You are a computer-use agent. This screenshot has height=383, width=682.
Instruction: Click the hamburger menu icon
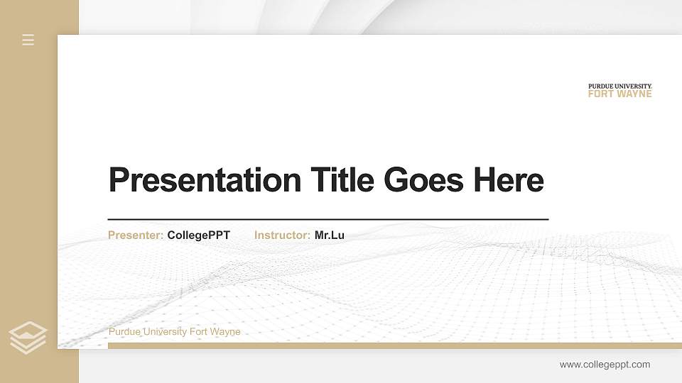click(x=28, y=40)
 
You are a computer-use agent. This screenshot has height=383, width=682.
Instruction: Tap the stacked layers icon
click(x=28, y=337)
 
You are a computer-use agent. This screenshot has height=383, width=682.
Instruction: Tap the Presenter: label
click(x=136, y=235)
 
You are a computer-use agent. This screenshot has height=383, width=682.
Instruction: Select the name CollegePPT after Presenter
click(x=199, y=235)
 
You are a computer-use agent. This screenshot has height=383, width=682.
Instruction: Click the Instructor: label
click(x=282, y=235)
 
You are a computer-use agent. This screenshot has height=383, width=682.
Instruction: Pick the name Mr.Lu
click(x=330, y=235)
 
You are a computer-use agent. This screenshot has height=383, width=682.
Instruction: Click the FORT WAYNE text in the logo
click(x=619, y=94)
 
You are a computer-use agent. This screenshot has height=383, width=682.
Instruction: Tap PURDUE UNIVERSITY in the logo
click(x=619, y=87)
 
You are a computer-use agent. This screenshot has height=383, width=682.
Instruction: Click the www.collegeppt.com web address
click(x=605, y=365)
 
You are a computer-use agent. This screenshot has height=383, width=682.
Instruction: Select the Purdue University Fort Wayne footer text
click(x=174, y=332)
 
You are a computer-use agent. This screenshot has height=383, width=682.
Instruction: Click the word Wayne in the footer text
click(x=227, y=332)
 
